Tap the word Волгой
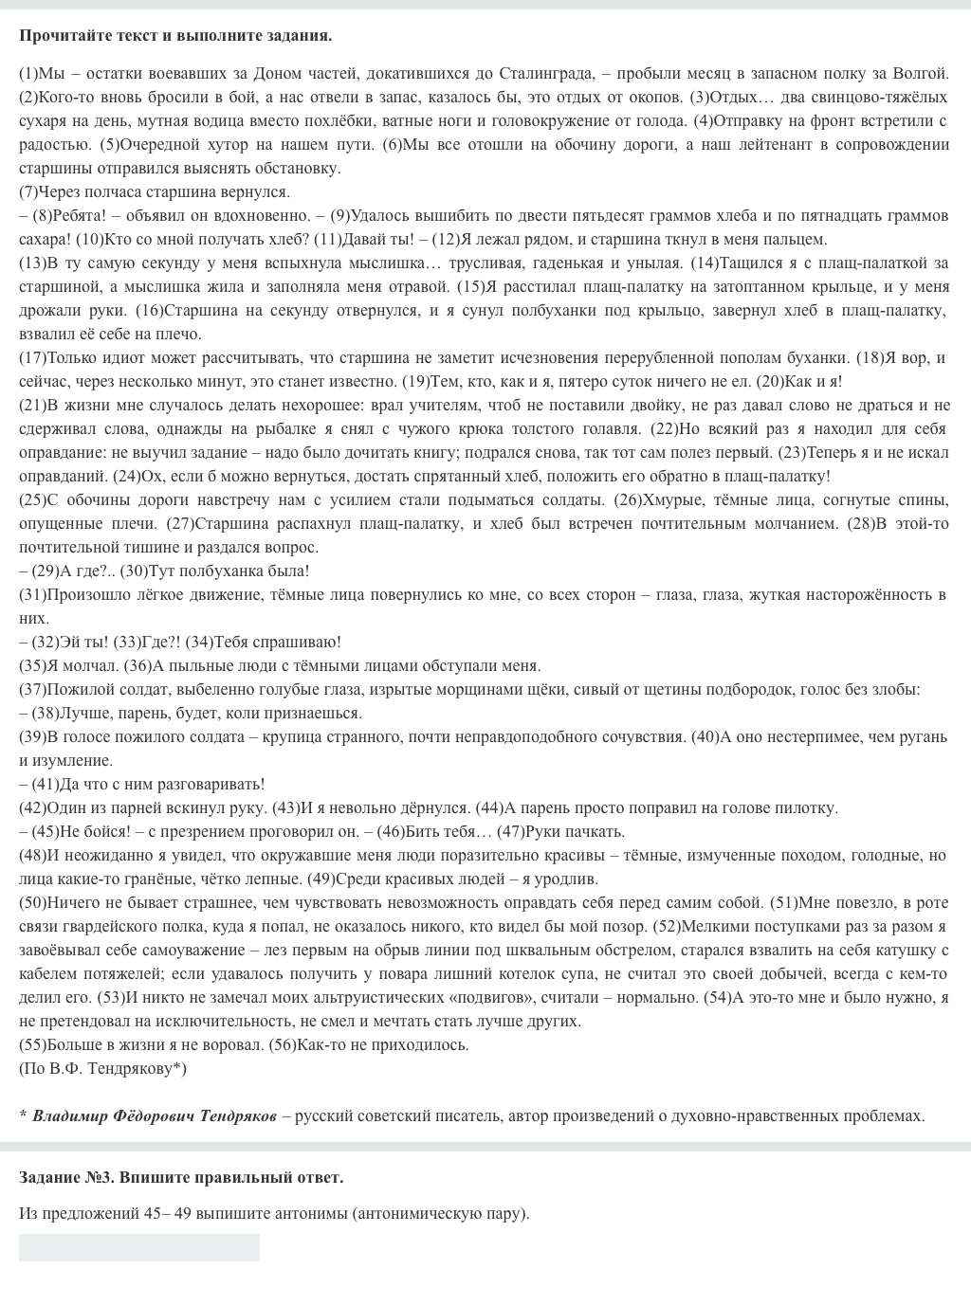click(920, 74)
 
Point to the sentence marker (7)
click(28, 192)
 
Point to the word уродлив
click(565, 879)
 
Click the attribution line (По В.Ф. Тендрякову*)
click(103, 1069)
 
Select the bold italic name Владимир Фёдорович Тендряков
click(155, 1116)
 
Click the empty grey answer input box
click(139, 1248)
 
